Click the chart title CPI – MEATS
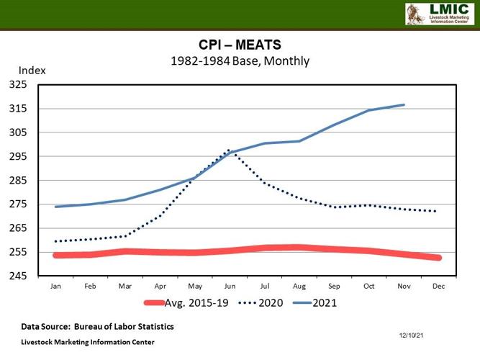coord(239,45)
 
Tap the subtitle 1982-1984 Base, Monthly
coord(239,60)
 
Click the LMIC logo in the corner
coord(439,14)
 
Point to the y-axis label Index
coord(32,71)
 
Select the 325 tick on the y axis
coord(18,84)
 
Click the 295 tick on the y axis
coord(18,156)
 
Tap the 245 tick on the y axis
coord(18,276)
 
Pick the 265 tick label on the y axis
coord(18,228)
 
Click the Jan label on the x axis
coord(55,286)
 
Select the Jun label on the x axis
coord(229,286)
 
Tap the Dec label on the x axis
coord(437,286)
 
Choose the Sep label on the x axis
coord(333,286)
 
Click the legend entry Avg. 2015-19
coord(186,303)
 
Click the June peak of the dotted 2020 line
coord(229,150)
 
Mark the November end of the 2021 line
coord(404,104)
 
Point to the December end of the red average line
coord(437,257)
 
